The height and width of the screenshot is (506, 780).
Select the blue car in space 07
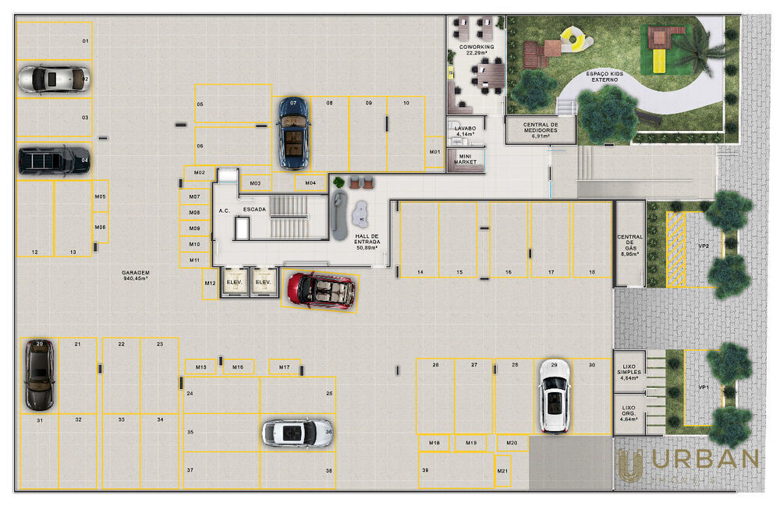coord(293,133)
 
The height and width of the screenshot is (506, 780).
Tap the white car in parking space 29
coord(554,395)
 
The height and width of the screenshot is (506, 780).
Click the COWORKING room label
coord(477,49)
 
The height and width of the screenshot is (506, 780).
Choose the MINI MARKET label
coord(466,159)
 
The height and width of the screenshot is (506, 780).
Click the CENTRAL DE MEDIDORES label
coord(541,129)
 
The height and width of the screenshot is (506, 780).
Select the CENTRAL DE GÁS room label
coord(629,245)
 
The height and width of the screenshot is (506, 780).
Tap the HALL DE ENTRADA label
coord(367,242)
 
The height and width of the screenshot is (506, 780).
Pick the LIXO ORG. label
coord(629,412)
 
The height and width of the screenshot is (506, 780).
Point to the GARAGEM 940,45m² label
coord(136,274)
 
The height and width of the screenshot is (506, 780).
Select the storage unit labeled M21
coord(503,472)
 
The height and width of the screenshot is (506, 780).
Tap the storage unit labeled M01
coord(434,151)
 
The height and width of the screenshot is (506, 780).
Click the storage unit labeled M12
coord(210,284)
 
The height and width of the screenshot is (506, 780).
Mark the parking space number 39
coord(425,470)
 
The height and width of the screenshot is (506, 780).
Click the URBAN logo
coord(686,464)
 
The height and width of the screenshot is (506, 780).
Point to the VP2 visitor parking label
coord(703,246)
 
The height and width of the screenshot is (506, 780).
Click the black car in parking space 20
coord(38,374)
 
